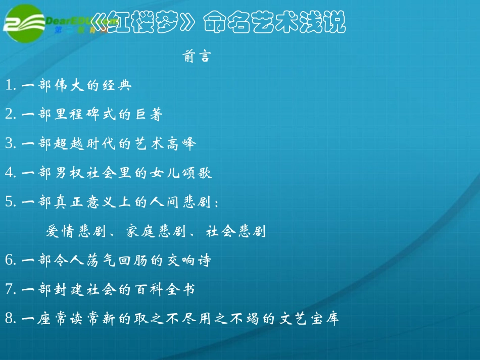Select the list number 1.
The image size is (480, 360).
(x=9, y=86)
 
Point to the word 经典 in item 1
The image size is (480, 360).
(x=116, y=86)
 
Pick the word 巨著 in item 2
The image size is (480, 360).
(x=147, y=115)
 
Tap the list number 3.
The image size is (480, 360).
(x=9, y=144)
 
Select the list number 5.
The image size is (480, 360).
(x=9, y=202)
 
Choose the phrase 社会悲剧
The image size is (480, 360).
(x=236, y=232)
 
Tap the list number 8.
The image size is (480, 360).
(x=9, y=319)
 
